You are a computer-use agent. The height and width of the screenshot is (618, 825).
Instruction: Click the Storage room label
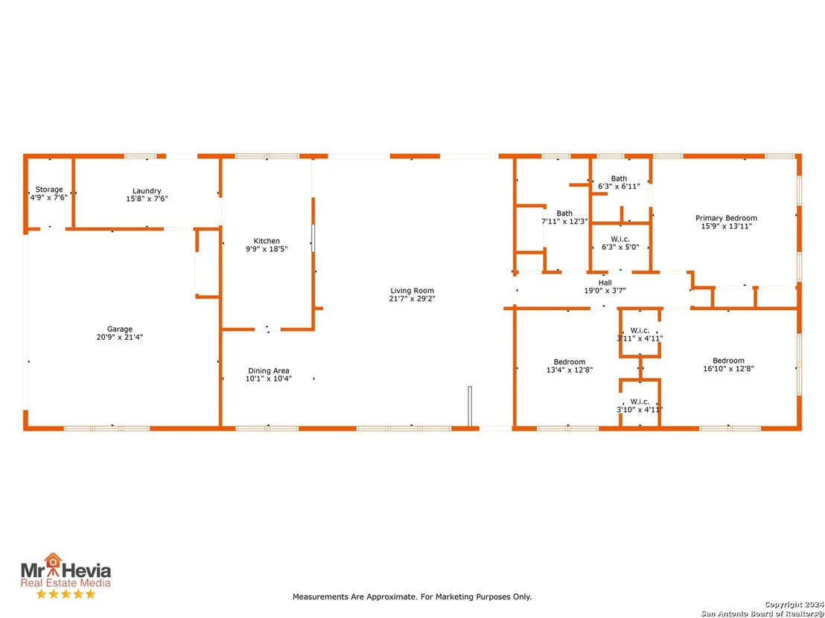49,190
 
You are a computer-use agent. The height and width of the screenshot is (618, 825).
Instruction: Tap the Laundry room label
147,191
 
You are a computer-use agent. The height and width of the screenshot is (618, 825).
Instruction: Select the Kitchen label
267,241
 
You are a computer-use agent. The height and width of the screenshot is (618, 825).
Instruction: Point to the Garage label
120,329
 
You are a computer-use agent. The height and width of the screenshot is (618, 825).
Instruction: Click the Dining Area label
268,370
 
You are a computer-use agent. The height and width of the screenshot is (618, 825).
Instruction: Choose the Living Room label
412,291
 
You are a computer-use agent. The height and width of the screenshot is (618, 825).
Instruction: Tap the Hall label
605,283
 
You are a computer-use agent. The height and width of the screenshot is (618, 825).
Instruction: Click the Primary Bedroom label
726,218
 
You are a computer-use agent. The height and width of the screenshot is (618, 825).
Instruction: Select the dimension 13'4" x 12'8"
570,370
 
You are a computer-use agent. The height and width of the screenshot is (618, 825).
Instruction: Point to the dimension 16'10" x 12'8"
728,368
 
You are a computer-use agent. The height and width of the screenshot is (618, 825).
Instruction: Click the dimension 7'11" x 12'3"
564,221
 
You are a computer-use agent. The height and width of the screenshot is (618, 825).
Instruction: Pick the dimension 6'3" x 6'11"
619,186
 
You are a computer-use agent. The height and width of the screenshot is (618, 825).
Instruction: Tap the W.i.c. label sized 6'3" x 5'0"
620,239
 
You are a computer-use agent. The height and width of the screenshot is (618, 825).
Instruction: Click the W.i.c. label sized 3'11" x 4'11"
640,330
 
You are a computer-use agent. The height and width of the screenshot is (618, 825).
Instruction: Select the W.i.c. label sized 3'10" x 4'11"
640,402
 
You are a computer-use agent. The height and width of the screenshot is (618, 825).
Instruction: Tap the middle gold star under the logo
66,593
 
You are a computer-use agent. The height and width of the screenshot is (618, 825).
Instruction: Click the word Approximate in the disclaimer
392,597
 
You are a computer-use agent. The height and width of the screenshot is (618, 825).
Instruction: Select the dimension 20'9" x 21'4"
120,338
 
